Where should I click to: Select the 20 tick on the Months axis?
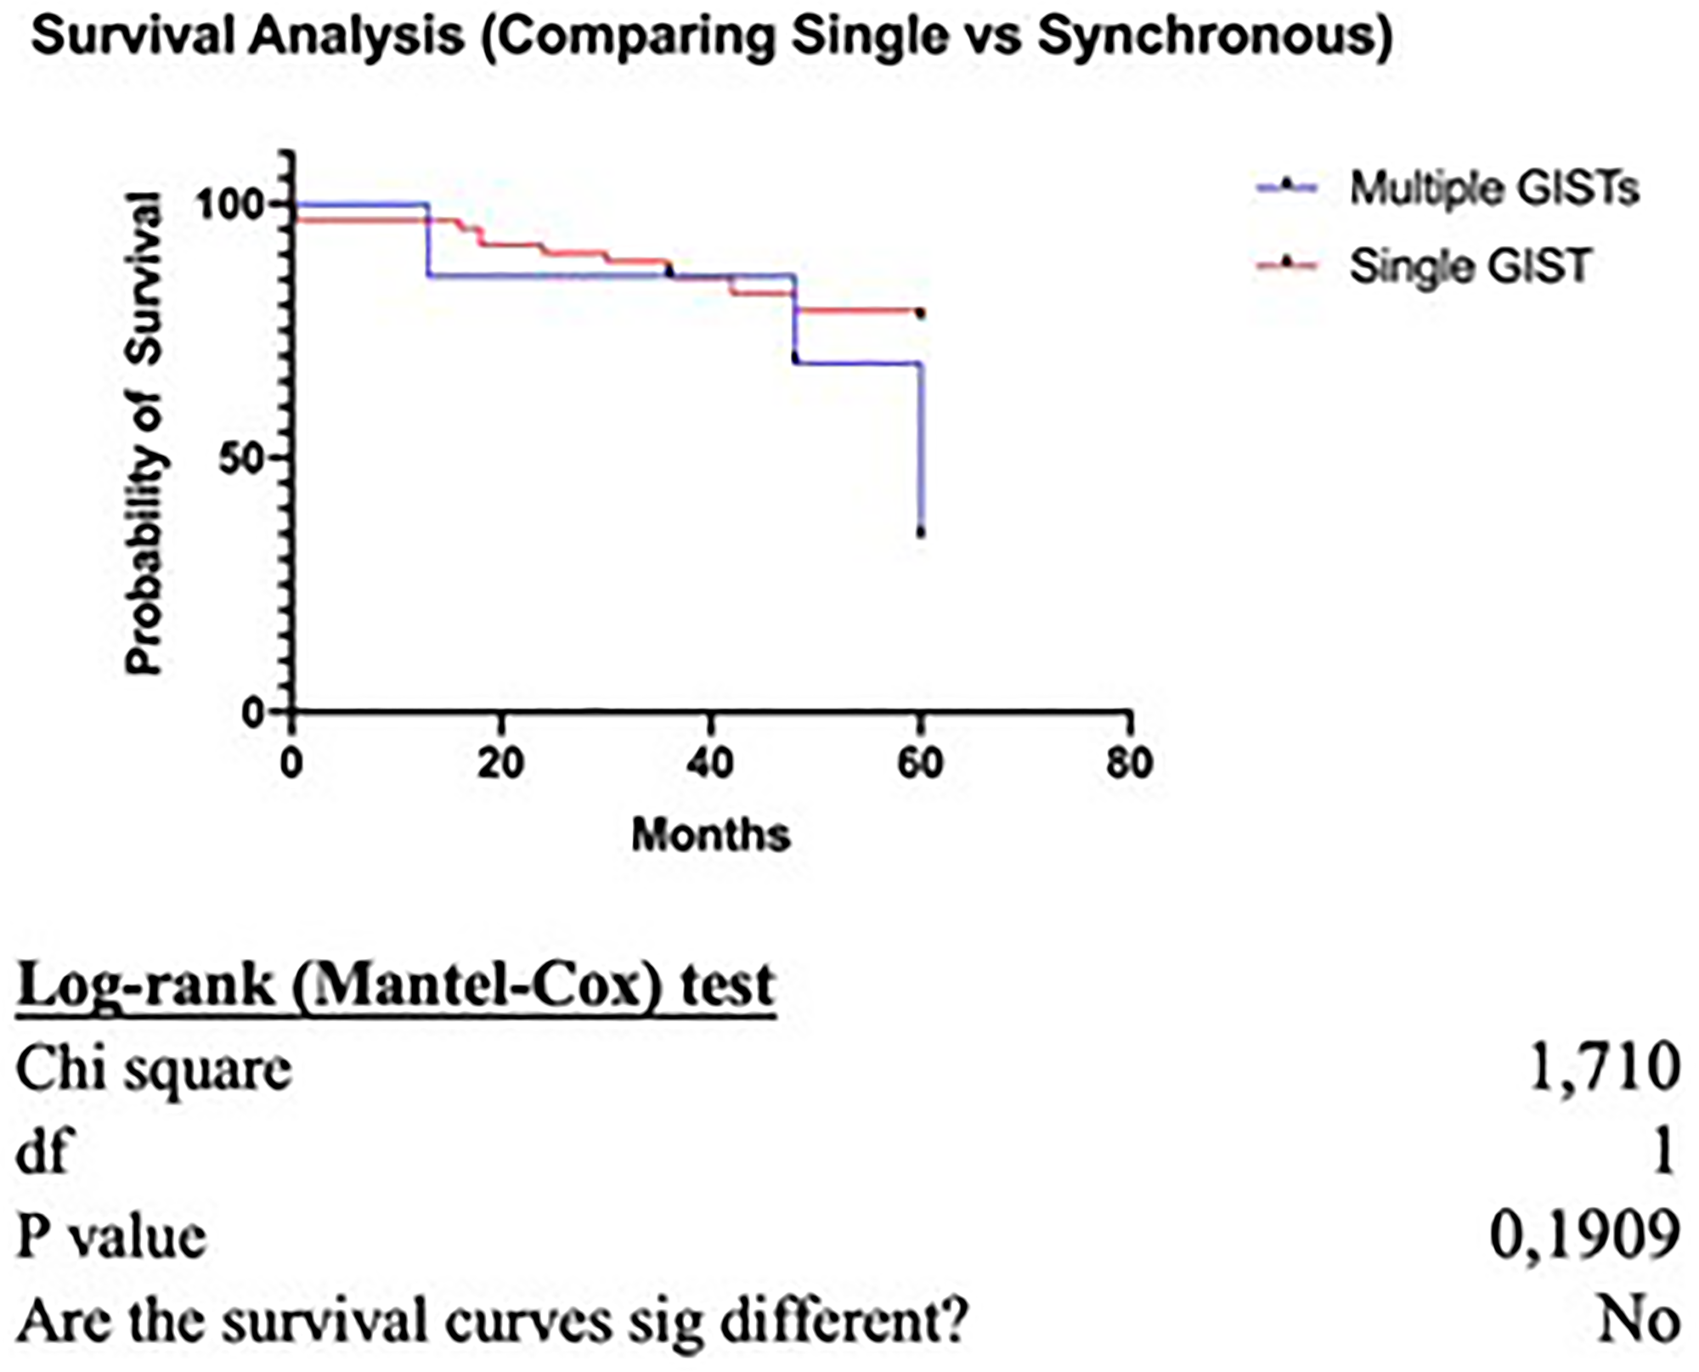pyautogui.click(x=500, y=763)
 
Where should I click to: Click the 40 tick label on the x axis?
pyautogui.click(x=710, y=763)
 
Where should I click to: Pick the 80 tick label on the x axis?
pyautogui.click(x=1129, y=763)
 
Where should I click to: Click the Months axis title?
pyautogui.click(x=711, y=835)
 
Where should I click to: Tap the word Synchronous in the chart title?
pyautogui.click(x=1213, y=37)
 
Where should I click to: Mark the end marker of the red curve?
pyautogui.click(x=920, y=313)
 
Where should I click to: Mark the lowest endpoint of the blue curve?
pyautogui.click(x=921, y=533)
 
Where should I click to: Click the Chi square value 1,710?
pyautogui.click(x=1604, y=1068)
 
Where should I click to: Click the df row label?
pyautogui.click(x=42, y=1153)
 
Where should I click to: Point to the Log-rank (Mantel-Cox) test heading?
pyautogui.click(x=396, y=985)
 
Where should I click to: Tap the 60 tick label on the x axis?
pyautogui.click(x=920, y=763)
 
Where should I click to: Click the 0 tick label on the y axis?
pyautogui.click(x=252, y=713)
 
